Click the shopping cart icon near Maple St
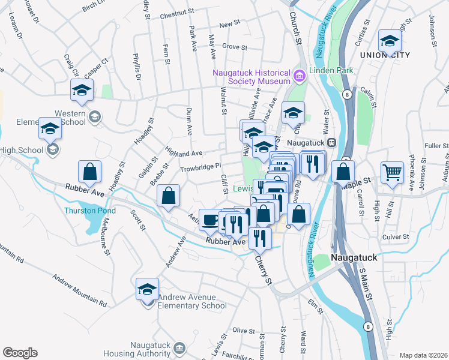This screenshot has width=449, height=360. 392,172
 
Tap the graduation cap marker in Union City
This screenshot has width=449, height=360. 390,42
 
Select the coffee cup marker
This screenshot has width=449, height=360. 209,220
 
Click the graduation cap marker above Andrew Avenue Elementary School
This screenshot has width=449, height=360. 147,290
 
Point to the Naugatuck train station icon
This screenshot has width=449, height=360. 331,143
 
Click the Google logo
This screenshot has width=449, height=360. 20,353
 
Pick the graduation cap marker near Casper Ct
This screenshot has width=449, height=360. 81,91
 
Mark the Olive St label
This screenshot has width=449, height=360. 244,331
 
